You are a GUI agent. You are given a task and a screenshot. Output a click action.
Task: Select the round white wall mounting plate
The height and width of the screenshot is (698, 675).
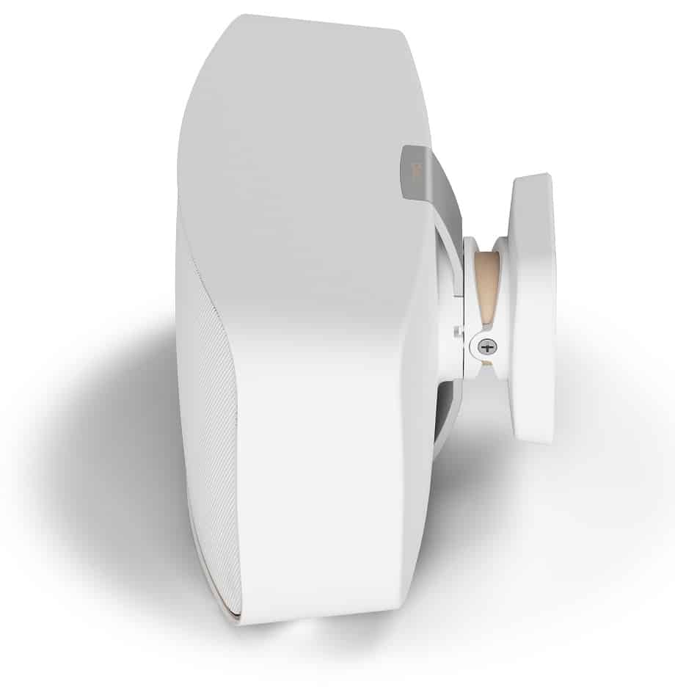(533, 308)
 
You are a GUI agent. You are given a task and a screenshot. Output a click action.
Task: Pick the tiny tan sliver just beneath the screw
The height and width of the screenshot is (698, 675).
(485, 362)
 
